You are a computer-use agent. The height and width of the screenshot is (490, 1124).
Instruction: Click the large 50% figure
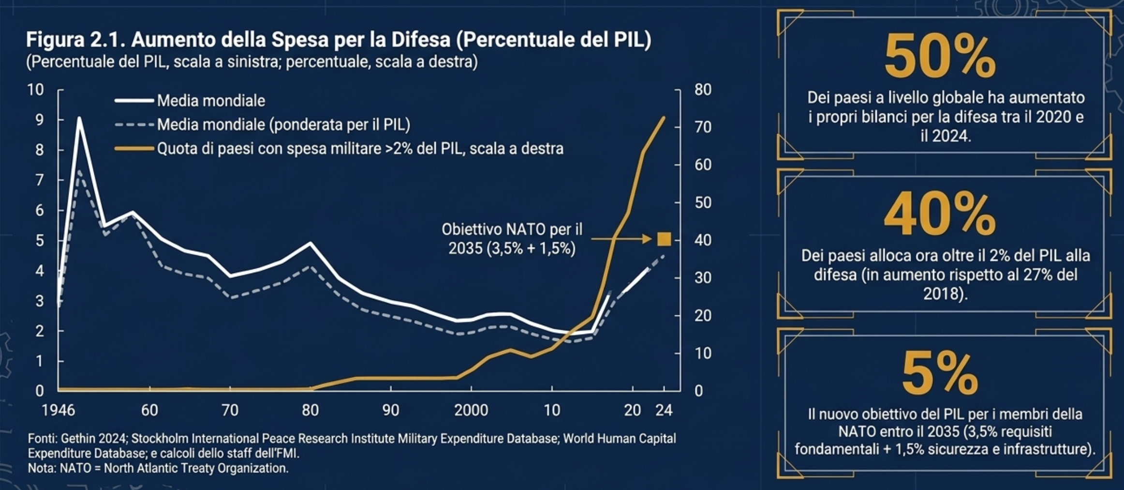point(939,57)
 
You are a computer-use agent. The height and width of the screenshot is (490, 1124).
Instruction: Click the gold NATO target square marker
point(664,239)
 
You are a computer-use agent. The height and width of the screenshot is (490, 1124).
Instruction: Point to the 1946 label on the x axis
point(59,411)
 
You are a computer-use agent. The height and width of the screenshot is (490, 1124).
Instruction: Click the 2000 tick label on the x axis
point(471,411)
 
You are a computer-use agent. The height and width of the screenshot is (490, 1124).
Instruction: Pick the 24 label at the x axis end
point(664,411)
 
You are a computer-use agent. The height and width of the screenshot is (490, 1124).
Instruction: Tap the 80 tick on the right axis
point(703,90)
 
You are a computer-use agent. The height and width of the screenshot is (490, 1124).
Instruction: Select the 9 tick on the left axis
point(39,120)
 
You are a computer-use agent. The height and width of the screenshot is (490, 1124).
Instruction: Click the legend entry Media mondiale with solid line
point(211,101)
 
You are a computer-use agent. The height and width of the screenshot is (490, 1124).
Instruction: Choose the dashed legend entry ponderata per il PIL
point(283,125)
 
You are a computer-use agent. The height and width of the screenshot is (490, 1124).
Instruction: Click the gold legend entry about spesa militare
point(360,149)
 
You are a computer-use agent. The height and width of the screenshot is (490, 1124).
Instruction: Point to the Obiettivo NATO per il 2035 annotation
point(512,239)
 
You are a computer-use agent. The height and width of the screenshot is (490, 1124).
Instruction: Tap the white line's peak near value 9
point(79,118)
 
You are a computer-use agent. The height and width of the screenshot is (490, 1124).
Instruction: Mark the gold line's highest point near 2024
point(664,118)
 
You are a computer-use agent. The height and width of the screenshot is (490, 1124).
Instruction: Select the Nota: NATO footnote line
point(158,469)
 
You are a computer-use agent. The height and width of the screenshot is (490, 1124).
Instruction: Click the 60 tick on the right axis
point(703,165)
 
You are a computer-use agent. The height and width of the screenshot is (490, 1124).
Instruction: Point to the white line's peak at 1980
point(311,243)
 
